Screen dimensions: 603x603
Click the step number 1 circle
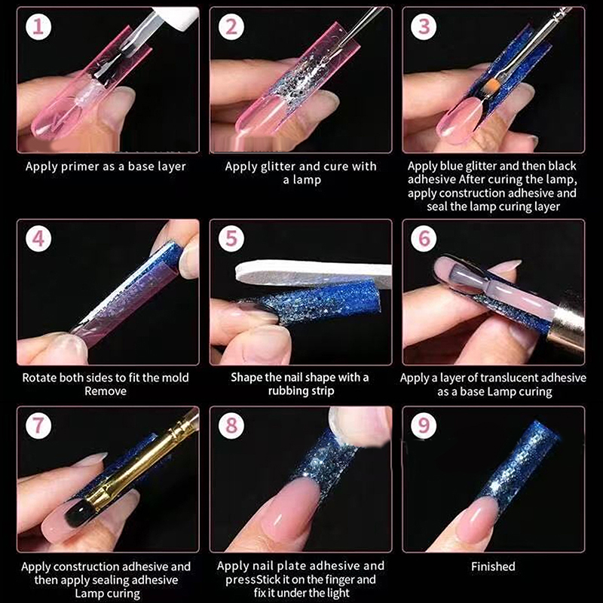(38, 26)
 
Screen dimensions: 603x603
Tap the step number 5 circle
(231, 238)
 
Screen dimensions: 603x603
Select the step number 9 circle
(424, 425)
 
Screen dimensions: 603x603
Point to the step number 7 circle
(38, 425)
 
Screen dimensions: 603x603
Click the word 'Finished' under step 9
(493, 567)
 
